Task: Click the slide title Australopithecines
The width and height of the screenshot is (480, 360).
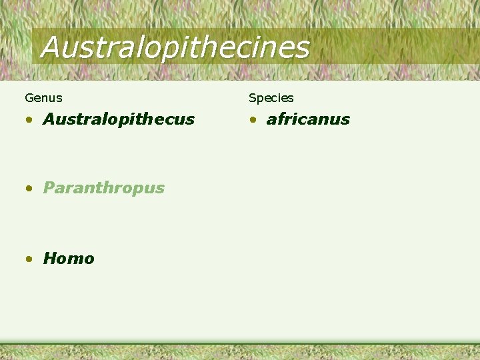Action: pyautogui.click(x=175, y=47)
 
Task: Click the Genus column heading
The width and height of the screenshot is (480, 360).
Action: pyautogui.click(x=43, y=98)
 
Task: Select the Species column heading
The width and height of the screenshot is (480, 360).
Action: pyautogui.click(x=271, y=98)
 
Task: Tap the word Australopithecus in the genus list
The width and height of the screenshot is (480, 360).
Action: pyautogui.click(x=119, y=119)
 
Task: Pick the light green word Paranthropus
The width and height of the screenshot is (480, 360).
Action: pyautogui.click(x=103, y=188)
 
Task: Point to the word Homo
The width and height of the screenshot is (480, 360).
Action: pyautogui.click(x=69, y=259)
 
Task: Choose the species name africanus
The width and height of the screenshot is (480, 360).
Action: pyautogui.click(x=308, y=119)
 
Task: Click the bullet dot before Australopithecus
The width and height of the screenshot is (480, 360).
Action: pyautogui.click(x=29, y=121)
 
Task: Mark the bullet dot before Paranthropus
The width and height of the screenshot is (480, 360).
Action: pyautogui.click(x=29, y=189)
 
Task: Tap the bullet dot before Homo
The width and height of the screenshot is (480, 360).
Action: pyautogui.click(x=29, y=259)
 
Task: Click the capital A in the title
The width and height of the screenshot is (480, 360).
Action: pyautogui.click(x=52, y=47)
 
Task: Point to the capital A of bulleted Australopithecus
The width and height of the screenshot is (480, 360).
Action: pyautogui.click(x=50, y=119)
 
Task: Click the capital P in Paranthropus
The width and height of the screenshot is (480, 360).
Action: pyautogui.click(x=49, y=188)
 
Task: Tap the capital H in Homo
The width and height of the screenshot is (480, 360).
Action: pyautogui.click(x=50, y=259)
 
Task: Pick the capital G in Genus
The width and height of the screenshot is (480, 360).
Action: pyautogui.click(x=29, y=98)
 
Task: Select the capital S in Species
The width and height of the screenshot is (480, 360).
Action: pyautogui.click(x=253, y=98)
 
